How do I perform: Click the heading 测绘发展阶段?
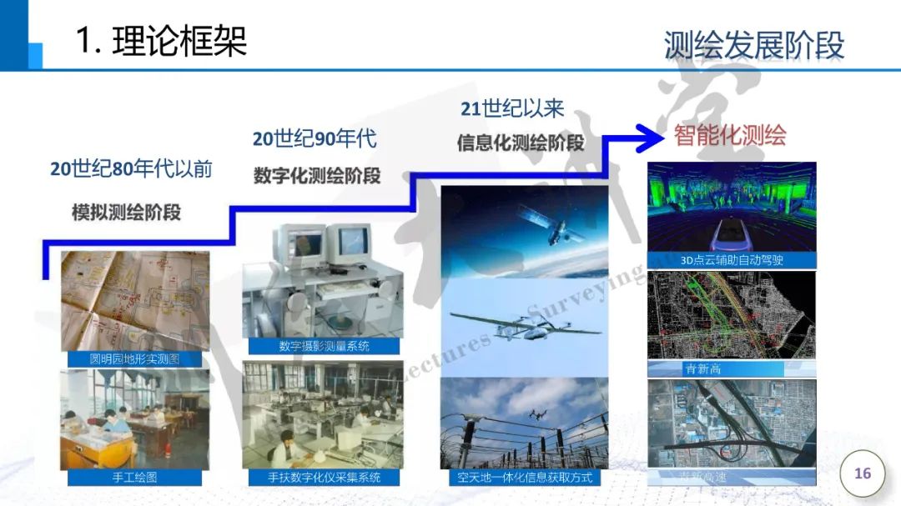click(753, 46)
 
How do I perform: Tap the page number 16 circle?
click(862, 473)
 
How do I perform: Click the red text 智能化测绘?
click(730, 135)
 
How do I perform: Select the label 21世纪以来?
click(512, 108)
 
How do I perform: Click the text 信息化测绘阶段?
click(520, 143)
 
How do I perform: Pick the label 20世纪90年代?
click(315, 138)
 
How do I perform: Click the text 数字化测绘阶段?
click(317, 176)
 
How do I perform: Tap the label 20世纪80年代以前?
click(131, 169)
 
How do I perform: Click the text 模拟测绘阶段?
click(126, 211)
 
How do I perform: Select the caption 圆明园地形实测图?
click(134, 360)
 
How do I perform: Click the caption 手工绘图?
click(134, 478)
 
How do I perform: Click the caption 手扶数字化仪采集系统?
click(324, 478)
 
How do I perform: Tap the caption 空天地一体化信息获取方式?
click(524, 478)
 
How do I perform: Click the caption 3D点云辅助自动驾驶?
click(732, 260)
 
